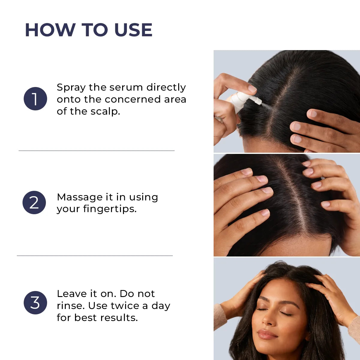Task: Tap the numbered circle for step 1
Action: [35, 99]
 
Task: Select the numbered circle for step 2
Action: [34, 202]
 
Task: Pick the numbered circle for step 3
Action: [35, 303]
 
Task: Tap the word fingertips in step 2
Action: [110, 209]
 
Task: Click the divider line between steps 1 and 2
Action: [96, 151]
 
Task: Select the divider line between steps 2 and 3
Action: [95, 256]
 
